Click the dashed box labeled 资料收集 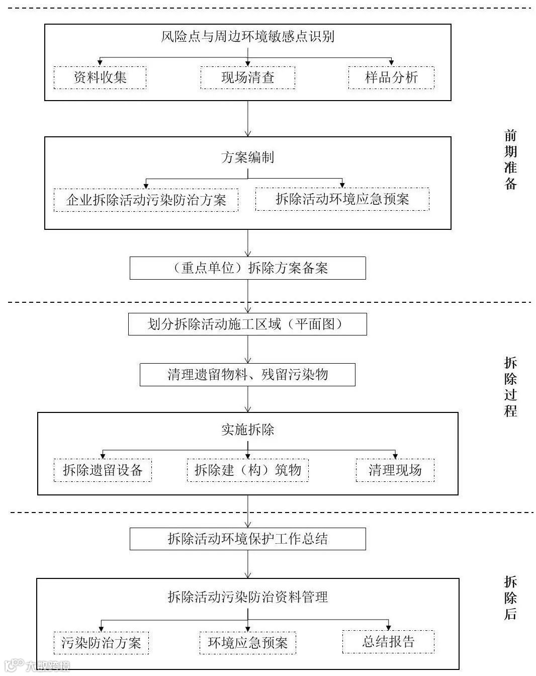(x=100, y=77)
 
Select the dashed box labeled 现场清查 (x=247, y=77)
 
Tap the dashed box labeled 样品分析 (x=391, y=77)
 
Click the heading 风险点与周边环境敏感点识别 (x=247, y=37)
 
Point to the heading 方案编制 (x=247, y=157)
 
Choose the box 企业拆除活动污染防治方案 (x=146, y=200)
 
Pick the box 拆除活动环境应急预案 (x=342, y=199)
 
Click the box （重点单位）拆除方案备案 (x=247, y=268)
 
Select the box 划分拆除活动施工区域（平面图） (x=247, y=324)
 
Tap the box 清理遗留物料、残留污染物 (x=247, y=375)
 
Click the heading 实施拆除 (x=247, y=430)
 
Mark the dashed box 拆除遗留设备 (x=103, y=470)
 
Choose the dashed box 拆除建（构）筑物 (x=247, y=470)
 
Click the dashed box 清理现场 (x=395, y=470)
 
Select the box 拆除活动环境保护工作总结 (x=247, y=539)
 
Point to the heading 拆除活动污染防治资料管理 (x=247, y=597)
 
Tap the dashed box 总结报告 (x=388, y=642)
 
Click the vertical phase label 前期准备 (x=510, y=159)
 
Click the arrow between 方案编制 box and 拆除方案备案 (x=248, y=243)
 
